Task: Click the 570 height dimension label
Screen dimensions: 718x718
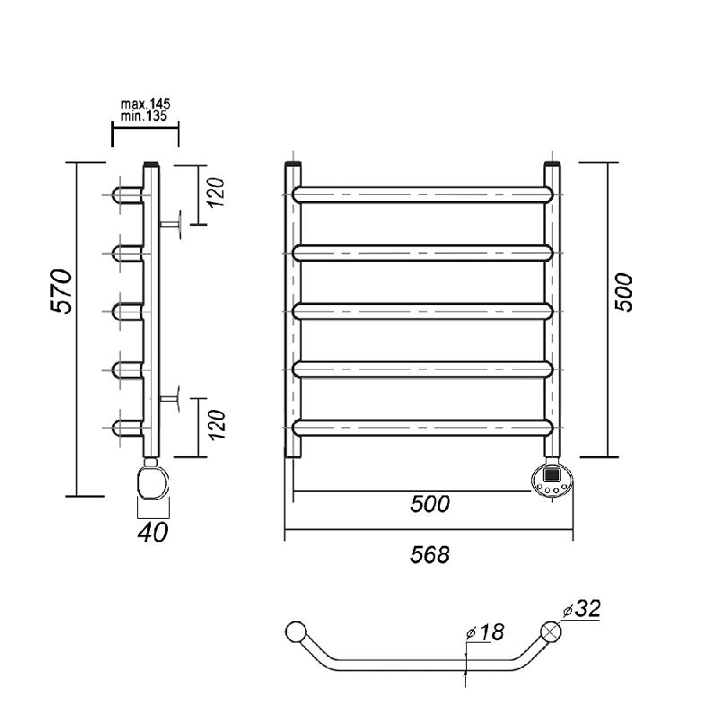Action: (x=61, y=291)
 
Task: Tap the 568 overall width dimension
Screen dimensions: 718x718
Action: (x=430, y=555)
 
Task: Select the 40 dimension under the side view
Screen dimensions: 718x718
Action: (x=153, y=532)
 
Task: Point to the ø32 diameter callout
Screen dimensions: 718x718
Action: (x=582, y=609)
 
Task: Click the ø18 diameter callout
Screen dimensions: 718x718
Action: (x=485, y=633)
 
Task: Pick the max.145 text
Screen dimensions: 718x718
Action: (x=145, y=104)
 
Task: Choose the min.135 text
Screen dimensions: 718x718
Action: (x=144, y=117)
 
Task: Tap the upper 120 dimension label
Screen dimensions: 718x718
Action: (x=216, y=192)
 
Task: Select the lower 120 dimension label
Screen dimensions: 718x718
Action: (x=216, y=425)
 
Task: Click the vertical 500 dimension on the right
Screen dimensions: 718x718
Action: (x=623, y=293)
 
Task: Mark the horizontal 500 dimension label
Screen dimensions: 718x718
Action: (x=430, y=503)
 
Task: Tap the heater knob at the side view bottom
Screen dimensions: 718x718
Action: (x=153, y=482)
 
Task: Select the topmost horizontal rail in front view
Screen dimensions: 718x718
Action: (x=423, y=195)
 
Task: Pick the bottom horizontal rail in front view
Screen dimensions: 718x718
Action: (x=423, y=427)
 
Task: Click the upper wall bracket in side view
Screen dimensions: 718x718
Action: (x=171, y=223)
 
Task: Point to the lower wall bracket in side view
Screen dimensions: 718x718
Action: (x=170, y=398)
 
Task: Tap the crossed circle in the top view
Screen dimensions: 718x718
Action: (x=551, y=632)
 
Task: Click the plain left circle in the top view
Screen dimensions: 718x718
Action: (x=296, y=632)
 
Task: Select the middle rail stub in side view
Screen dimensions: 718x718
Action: (x=127, y=311)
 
